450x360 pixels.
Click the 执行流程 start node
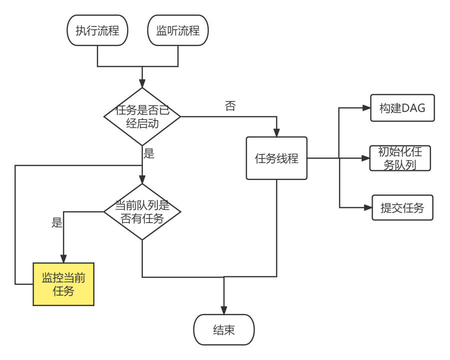point(97,30)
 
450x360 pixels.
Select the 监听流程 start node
point(178,30)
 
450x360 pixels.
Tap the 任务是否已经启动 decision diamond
point(142,116)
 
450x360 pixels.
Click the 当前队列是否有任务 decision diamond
point(142,211)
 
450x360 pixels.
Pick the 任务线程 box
point(277,158)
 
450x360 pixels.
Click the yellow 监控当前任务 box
point(63,284)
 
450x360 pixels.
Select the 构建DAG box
point(402,107)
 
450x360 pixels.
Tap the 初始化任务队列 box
point(400,158)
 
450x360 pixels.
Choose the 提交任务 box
point(402,208)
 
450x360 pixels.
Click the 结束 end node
point(224,329)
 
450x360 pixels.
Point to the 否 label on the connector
point(230,106)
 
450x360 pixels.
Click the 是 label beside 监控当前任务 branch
point(57,223)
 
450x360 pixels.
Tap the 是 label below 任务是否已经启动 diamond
point(149,153)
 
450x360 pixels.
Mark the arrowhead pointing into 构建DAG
point(367,107)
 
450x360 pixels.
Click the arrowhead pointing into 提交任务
point(368,208)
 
